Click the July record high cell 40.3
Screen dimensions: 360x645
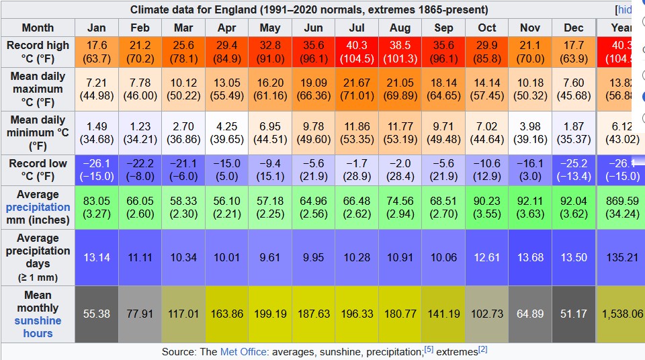click(357, 51)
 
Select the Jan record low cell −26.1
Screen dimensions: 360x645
click(97, 169)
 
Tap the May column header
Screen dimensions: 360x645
click(270, 28)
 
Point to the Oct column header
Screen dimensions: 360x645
click(487, 28)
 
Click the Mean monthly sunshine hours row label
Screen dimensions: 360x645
click(38, 314)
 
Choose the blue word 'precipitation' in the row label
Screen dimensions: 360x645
click(38, 207)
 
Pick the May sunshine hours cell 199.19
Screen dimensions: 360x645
click(270, 314)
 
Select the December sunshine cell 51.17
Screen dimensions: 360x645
click(574, 314)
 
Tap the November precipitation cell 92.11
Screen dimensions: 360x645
click(530, 207)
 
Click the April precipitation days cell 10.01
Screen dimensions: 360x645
click(227, 257)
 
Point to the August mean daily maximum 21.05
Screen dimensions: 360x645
click(400, 89)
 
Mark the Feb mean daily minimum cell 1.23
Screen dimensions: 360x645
click(140, 132)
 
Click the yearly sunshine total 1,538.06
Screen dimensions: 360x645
click(621, 314)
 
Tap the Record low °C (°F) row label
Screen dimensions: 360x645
click(38, 169)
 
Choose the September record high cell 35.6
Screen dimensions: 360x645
click(443, 51)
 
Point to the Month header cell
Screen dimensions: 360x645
click(38, 28)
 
